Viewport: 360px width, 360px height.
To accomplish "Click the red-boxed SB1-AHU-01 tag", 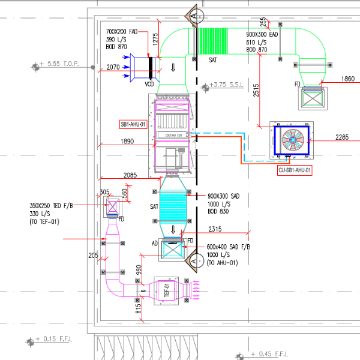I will click(133, 125).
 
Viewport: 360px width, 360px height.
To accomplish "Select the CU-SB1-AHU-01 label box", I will click(295, 170).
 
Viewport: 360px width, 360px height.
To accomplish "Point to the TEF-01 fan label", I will click(168, 291).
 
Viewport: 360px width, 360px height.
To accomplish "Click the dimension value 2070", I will click(113, 68).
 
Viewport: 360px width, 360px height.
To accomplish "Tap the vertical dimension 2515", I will click(256, 90).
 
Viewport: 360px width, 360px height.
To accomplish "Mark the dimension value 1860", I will click(347, 79).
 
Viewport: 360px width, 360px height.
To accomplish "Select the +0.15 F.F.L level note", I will click(57, 339).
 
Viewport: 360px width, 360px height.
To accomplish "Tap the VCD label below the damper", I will click(149, 84).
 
